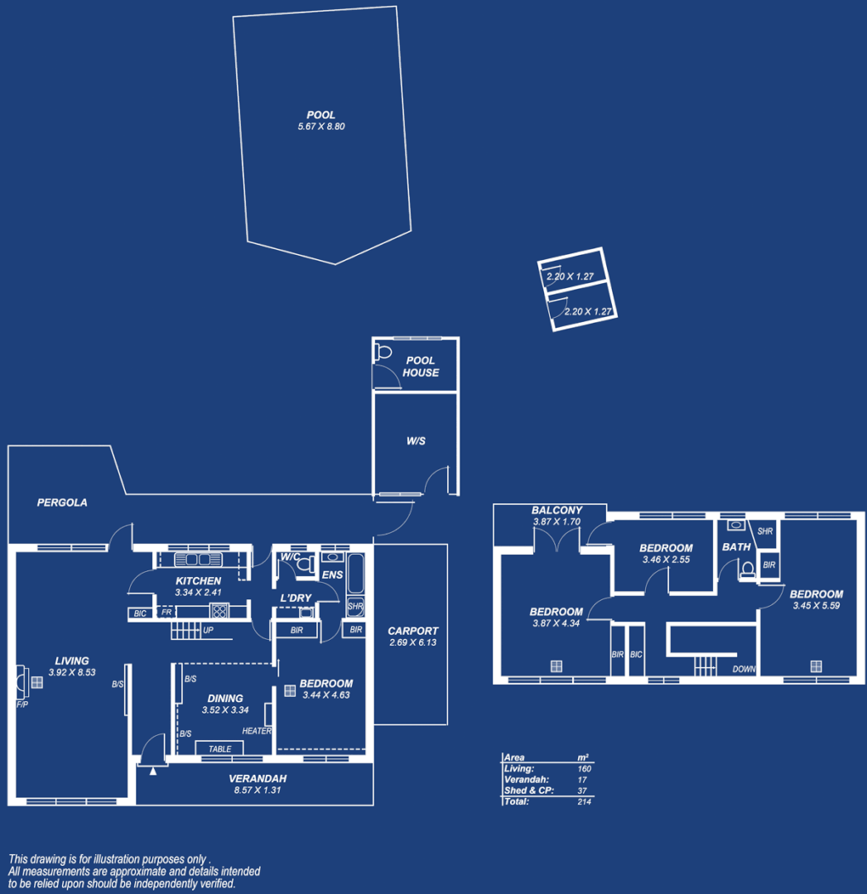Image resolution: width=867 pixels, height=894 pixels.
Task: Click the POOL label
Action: coord(320,115)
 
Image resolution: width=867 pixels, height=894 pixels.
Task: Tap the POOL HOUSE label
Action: coord(421,367)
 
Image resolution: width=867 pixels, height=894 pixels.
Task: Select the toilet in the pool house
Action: coord(383,353)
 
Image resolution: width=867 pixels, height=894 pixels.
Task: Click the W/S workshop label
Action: coord(416,441)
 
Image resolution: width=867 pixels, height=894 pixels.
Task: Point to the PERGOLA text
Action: coord(62,502)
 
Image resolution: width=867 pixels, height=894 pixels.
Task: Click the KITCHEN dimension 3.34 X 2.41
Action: coord(198,593)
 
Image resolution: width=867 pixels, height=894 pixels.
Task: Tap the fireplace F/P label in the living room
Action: coord(22,704)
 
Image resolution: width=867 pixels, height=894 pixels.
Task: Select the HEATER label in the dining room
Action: coord(257,731)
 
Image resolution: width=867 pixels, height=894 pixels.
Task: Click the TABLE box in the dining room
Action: coord(219,748)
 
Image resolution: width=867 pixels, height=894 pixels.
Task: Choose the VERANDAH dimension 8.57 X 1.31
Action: coord(258,791)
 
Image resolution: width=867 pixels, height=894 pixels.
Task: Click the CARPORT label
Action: coord(412,631)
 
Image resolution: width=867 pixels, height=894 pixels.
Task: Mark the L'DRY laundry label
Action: coord(296,598)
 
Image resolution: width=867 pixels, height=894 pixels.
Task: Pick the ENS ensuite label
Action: coord(332,574)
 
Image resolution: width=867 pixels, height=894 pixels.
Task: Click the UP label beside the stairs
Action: coord(209,631)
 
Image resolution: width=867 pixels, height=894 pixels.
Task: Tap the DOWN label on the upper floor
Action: coord(744,669)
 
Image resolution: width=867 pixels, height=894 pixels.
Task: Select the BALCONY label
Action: coord(556,511)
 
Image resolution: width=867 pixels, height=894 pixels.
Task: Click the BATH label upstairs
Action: coord(736,547)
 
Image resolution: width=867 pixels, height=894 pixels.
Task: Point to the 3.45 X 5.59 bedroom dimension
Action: coord(816,605)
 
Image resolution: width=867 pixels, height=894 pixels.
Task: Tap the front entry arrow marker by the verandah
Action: coord(153,771)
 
